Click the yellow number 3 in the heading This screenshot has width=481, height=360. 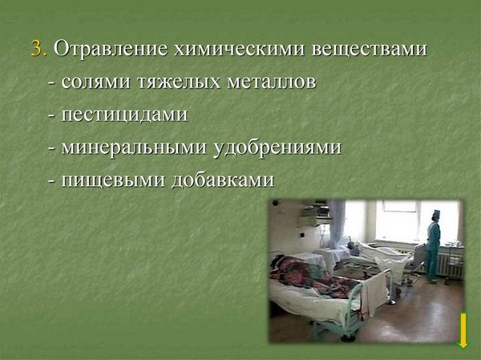coord(36,48)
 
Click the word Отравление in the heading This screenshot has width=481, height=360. coord(111,49)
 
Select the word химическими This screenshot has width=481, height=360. coord(239,48)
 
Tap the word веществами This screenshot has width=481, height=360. coord(369,49)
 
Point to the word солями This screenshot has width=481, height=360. coord(95,82)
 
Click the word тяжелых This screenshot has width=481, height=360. coord(179,82)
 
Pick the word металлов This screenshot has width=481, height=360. coord(272,82)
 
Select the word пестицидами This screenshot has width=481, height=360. coord(124,115)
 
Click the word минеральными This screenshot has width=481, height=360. coord(134,148)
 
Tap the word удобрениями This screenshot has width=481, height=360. coord(277,148)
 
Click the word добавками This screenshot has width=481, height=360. coord(223,179)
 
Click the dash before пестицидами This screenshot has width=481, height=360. coord(51,116)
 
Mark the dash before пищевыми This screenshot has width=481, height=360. coord(51,181)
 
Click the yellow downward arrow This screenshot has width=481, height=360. coord(463,331)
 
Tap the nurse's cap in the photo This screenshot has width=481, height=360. coord(436,214)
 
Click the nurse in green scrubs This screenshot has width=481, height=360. coord(433,246)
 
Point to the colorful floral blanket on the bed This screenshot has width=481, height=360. coord(313,277)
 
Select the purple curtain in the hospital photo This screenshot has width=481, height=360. coord(337,224)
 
